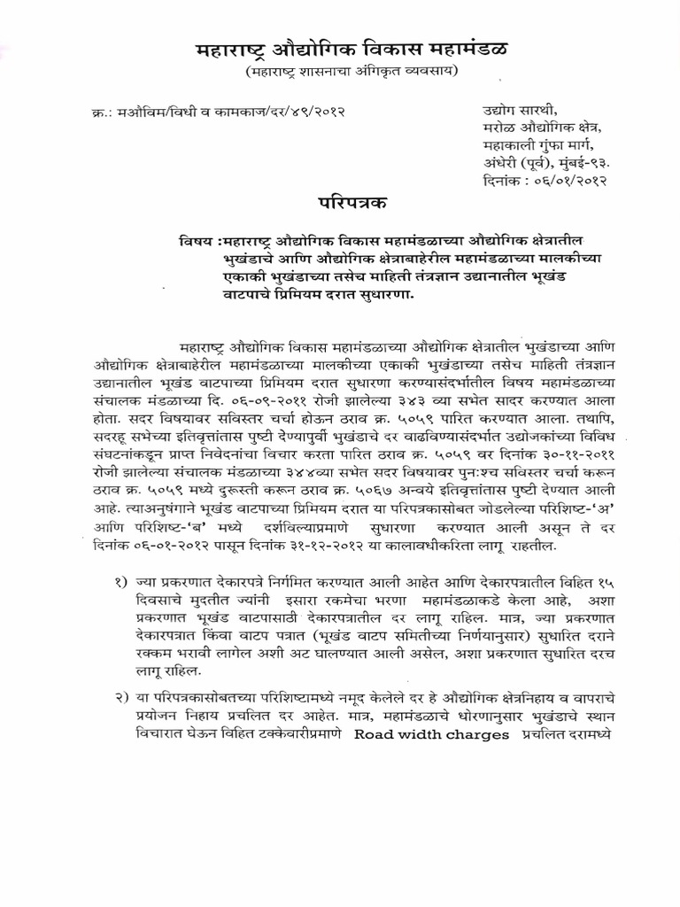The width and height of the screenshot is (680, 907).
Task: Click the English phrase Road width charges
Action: coord(432,734)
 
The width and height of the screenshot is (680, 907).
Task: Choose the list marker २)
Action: coord(117,701)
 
